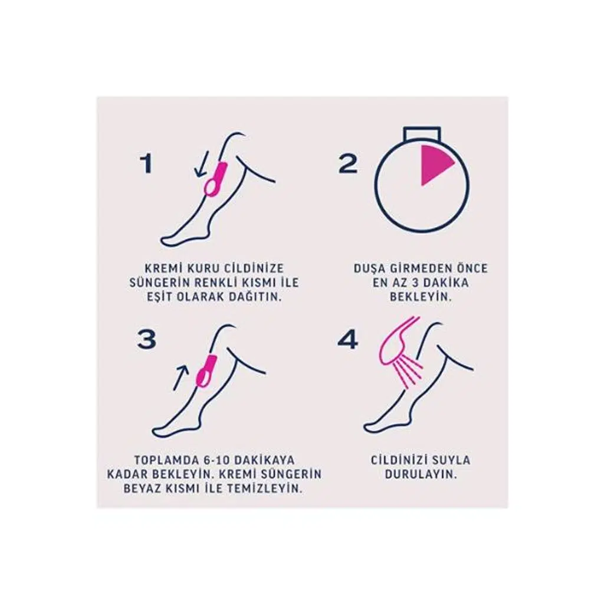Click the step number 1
147,164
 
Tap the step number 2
348,163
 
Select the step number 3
147,339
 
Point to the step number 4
347,339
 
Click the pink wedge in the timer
434,164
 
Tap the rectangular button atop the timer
422,133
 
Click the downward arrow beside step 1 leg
202,164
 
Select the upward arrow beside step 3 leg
181,378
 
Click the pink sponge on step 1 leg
215,179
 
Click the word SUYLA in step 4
451,460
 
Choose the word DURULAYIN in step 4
421,474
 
